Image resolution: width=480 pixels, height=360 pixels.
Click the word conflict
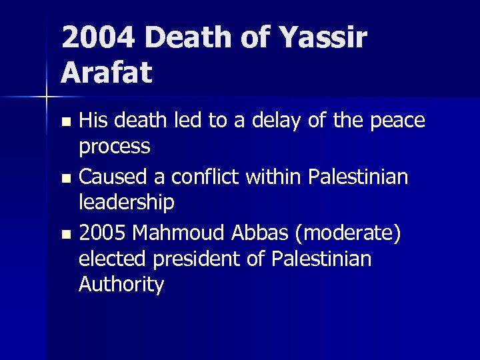199,177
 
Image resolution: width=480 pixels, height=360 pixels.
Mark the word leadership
126,201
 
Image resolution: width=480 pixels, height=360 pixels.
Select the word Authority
121,285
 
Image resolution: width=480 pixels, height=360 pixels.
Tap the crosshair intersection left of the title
46,98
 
